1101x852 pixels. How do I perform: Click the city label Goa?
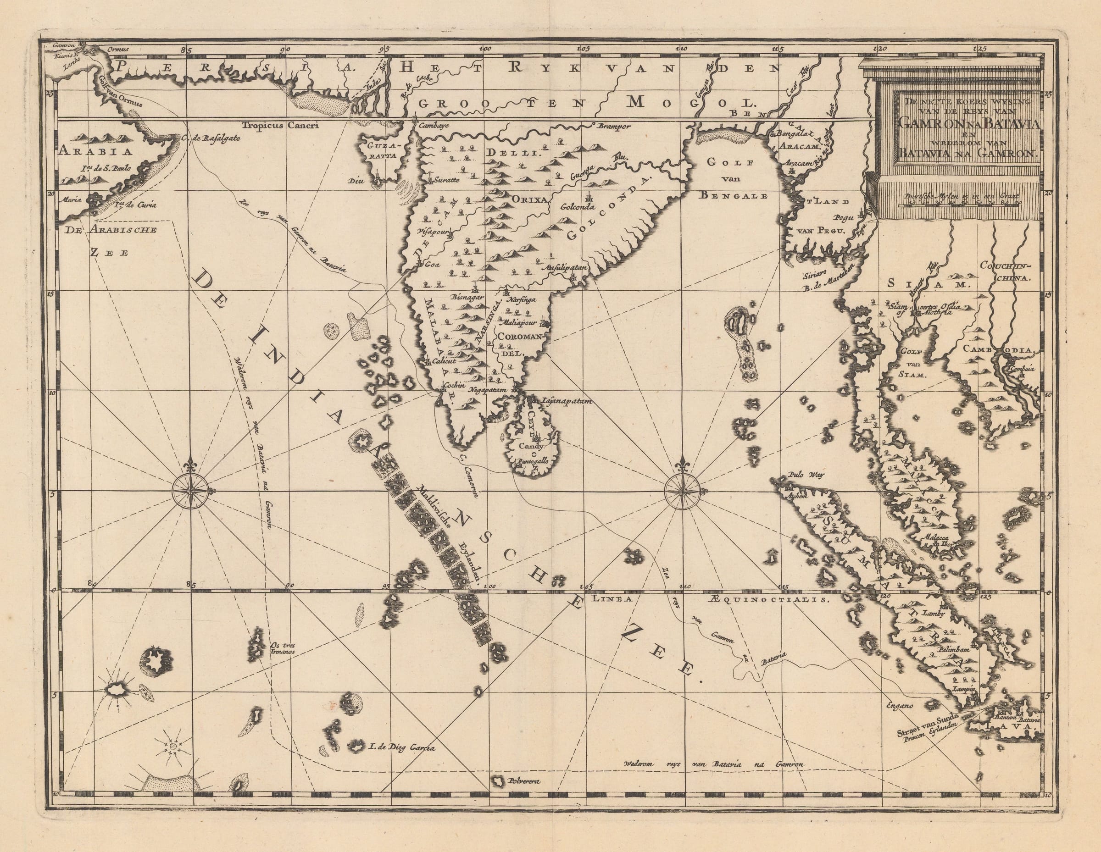point(433,264)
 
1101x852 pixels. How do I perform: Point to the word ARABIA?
point(95,150)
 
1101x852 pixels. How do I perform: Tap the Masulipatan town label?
point(565,269)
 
